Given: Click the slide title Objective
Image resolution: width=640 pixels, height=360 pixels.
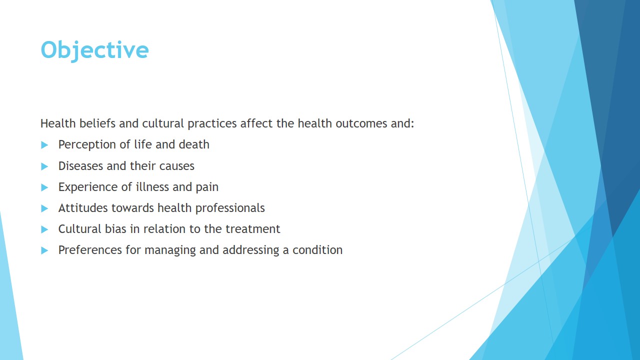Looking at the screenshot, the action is [x=94, y=50].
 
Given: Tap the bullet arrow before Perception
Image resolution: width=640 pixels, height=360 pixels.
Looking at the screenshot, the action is [x=44, y=145].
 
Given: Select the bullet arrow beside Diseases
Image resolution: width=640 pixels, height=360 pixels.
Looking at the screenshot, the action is [x=44, y=166].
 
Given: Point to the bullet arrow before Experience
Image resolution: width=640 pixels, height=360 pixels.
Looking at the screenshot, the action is [x=44, y=187].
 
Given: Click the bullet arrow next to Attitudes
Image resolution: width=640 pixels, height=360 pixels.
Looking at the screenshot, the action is [x=44, y=208].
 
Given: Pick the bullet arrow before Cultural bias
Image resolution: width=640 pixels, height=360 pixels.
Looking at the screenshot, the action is [x=44, y=229].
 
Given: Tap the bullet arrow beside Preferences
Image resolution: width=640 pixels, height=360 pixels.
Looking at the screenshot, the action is [x=44, y=250].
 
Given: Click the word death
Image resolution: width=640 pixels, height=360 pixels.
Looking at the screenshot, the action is [x=194, y=144].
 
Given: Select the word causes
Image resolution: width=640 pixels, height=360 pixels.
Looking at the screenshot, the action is [x=177, y=166].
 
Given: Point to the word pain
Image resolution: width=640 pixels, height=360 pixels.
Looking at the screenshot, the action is [x=207, y=187].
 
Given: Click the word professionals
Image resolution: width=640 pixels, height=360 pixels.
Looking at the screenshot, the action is [x=230, y=208].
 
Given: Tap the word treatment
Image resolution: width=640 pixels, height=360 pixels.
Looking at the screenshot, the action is [x=253, y=229].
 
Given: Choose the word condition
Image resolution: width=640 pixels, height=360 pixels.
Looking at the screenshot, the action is [x=317, y=250].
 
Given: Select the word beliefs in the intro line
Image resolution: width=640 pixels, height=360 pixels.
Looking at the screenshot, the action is [x=97, y=123].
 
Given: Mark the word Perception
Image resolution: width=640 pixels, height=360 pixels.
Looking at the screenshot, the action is [x=87, y=145].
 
